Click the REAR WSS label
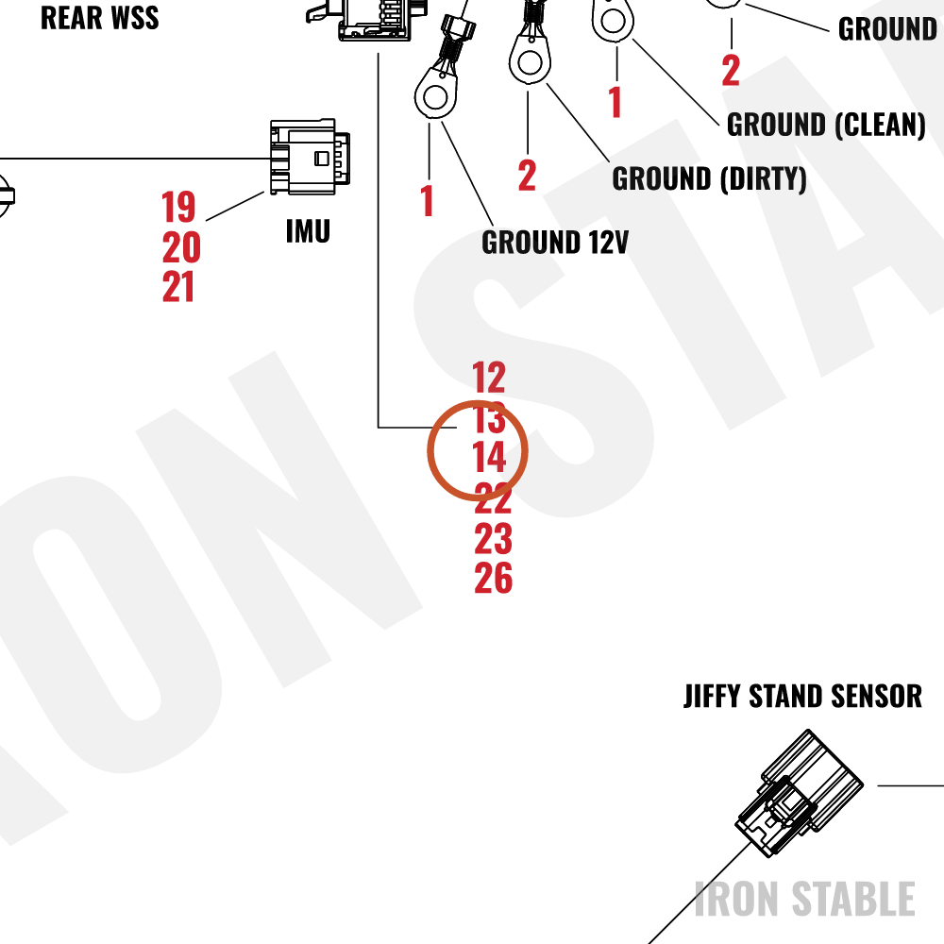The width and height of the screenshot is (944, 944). [x=99, y=17]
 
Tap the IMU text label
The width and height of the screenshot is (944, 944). [x=309, y=231]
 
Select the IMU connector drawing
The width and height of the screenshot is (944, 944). [x=310, y=157]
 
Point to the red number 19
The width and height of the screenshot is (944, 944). [x=178, y=207]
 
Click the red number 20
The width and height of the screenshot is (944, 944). [x=181, y=247]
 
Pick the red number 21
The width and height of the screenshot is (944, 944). [x=178, y=287]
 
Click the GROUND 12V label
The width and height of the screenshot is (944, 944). [x=555, y=242]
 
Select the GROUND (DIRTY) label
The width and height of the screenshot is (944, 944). [x=709, y=178]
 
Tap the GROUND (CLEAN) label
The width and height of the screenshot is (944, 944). [x=826, y=125]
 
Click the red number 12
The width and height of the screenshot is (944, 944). [x=489, y=378]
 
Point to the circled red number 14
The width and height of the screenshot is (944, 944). [x=489, y=458]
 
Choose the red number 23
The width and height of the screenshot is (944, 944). [x=493, y=538]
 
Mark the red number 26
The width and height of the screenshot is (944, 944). [x=493, y=578]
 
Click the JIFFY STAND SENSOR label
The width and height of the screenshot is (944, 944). [x=802, y=697]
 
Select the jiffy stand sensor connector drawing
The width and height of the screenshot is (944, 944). [x=800, y=793]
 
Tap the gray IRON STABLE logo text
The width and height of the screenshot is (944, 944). [x=804, y=899]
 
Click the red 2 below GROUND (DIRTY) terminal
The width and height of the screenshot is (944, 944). [x=527, y=176]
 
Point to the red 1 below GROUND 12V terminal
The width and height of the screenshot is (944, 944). [x=427, y=200]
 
